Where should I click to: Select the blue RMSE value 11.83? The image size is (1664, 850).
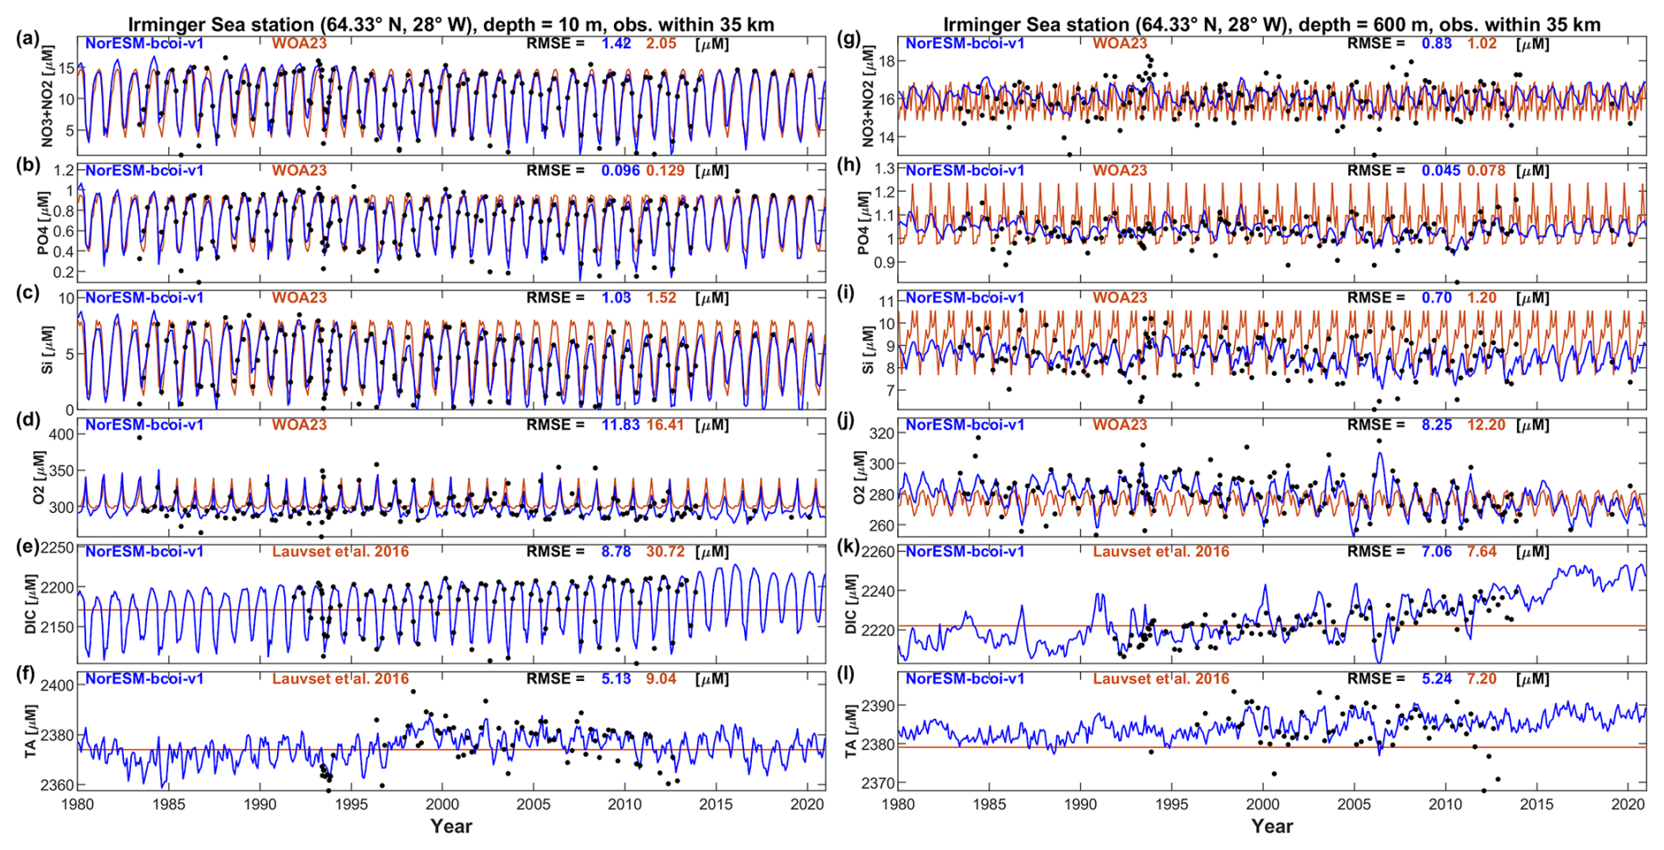pyautogui.click(x=616, y=425)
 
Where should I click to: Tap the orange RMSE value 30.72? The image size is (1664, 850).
pyautogui.click(x=660, y=552)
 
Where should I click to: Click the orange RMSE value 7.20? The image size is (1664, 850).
pyautogui.click(x=1481, y=678)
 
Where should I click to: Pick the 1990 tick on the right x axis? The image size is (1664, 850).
pyautogui.click(x=1081, y=804)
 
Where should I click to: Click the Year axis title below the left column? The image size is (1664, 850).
pyautogui.click(x=451, y=826)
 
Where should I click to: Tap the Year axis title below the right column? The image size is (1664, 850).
pyautogui.click(x=1272, y=826)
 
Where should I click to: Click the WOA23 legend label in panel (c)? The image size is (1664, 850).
pyautogui.click(x=299, y=298)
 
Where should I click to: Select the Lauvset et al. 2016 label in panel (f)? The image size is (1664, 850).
pyautogui.click(x=340, y=678)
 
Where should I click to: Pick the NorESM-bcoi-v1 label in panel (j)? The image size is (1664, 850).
pyautogui.click(x=965, y=425)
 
